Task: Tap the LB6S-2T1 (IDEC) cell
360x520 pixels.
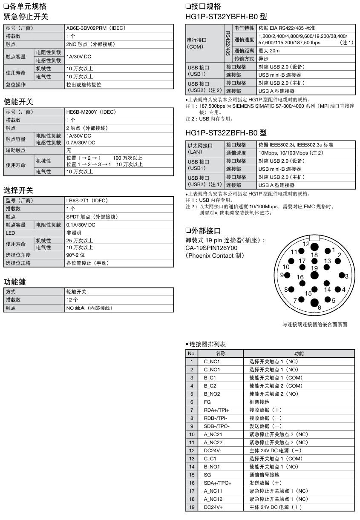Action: [x=87, y=201]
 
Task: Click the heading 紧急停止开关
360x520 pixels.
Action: [x=26, y=17]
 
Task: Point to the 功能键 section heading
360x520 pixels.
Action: [x=14, y=282]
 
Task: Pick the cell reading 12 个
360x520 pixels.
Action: [x=71, y=300]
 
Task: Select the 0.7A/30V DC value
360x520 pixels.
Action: [x=81, y=143]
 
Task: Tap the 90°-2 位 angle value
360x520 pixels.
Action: [x=76, y=255]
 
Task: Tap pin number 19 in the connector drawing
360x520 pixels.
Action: [x=314, y=268]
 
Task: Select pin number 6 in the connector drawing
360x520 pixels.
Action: [x=320, y=307]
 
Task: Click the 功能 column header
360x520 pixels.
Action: [x=299, y=353]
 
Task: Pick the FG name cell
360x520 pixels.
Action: [x=207, y=402]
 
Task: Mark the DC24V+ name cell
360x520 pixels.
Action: [x=213, y=507]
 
